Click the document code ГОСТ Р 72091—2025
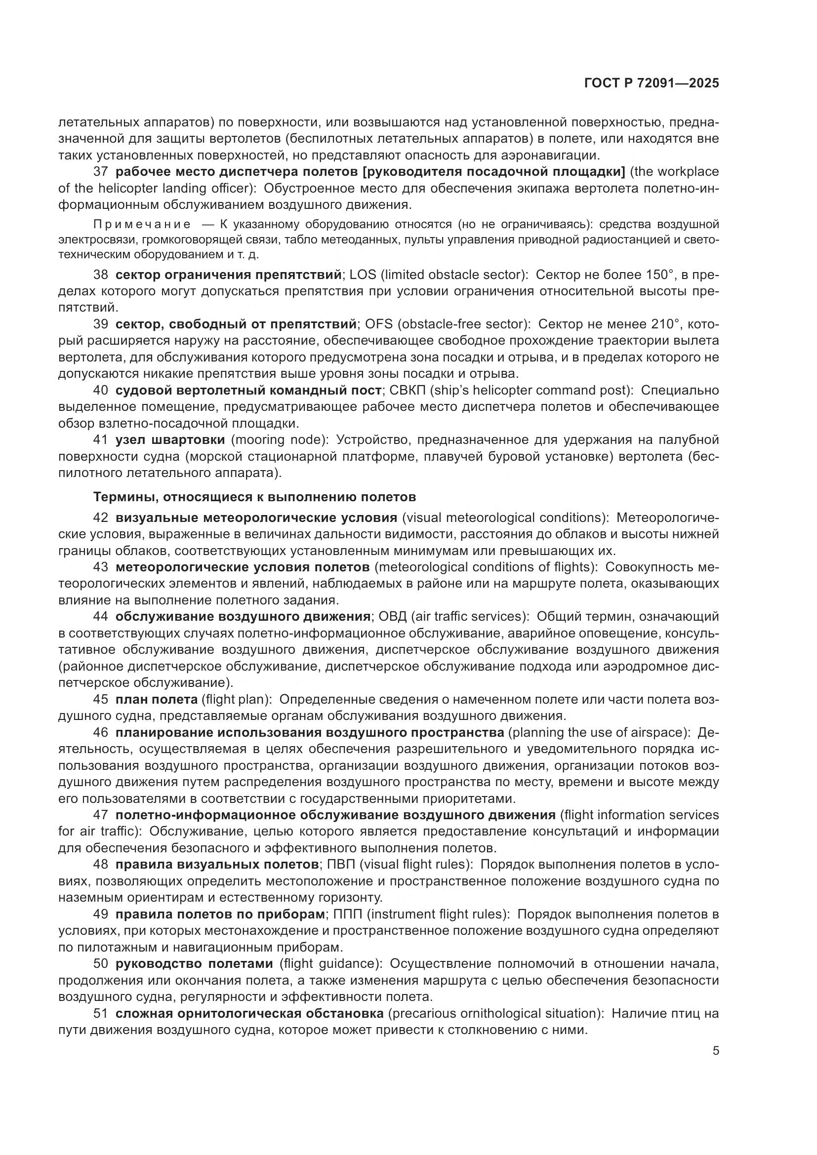point(652,83)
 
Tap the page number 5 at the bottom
point(715,1051)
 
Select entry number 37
point(101,172)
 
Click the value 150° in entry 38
point(658,275)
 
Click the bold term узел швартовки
point(170,439)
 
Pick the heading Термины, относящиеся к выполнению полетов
point(254,497)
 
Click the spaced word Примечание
point(142,224)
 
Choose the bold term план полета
point(157,700)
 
